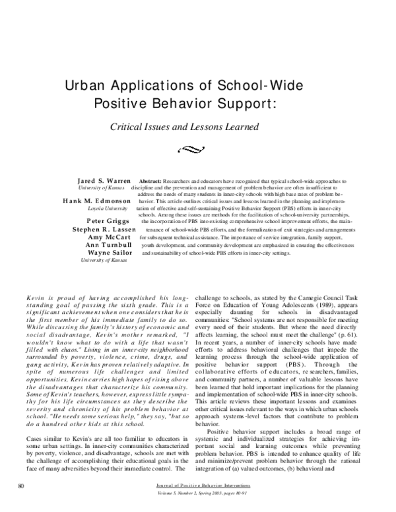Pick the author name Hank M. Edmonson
(x=98, y=201)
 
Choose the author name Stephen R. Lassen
(x=104, y=230)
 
